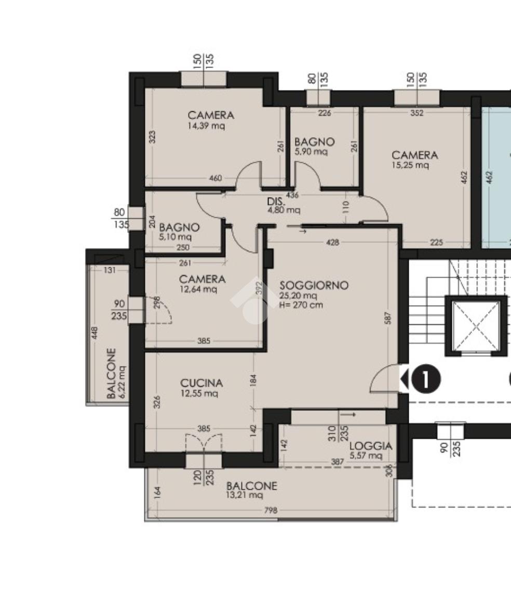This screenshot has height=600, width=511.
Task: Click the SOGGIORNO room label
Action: coord(314,285)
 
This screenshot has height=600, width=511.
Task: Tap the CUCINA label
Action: coord(201,383)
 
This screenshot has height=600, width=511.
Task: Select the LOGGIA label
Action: coord(370,446)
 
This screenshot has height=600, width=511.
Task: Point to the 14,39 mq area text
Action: coord(206,125)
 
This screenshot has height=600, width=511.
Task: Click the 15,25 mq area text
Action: coord(410,165)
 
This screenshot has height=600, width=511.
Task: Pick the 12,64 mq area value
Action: coord(198,289)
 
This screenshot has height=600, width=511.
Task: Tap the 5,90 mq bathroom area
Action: coord(311,151)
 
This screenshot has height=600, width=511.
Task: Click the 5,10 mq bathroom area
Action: coord(175,237)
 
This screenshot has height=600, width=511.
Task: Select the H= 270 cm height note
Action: coord(301,305)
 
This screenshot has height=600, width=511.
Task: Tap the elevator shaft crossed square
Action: coord(476,327)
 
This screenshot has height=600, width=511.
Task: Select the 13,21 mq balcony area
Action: coord(245,495)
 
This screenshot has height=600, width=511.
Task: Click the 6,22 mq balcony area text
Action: coord(123,382)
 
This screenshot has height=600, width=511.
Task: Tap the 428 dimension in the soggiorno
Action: coord(332,242)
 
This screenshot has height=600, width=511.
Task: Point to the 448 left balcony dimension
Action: coord(95,333)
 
